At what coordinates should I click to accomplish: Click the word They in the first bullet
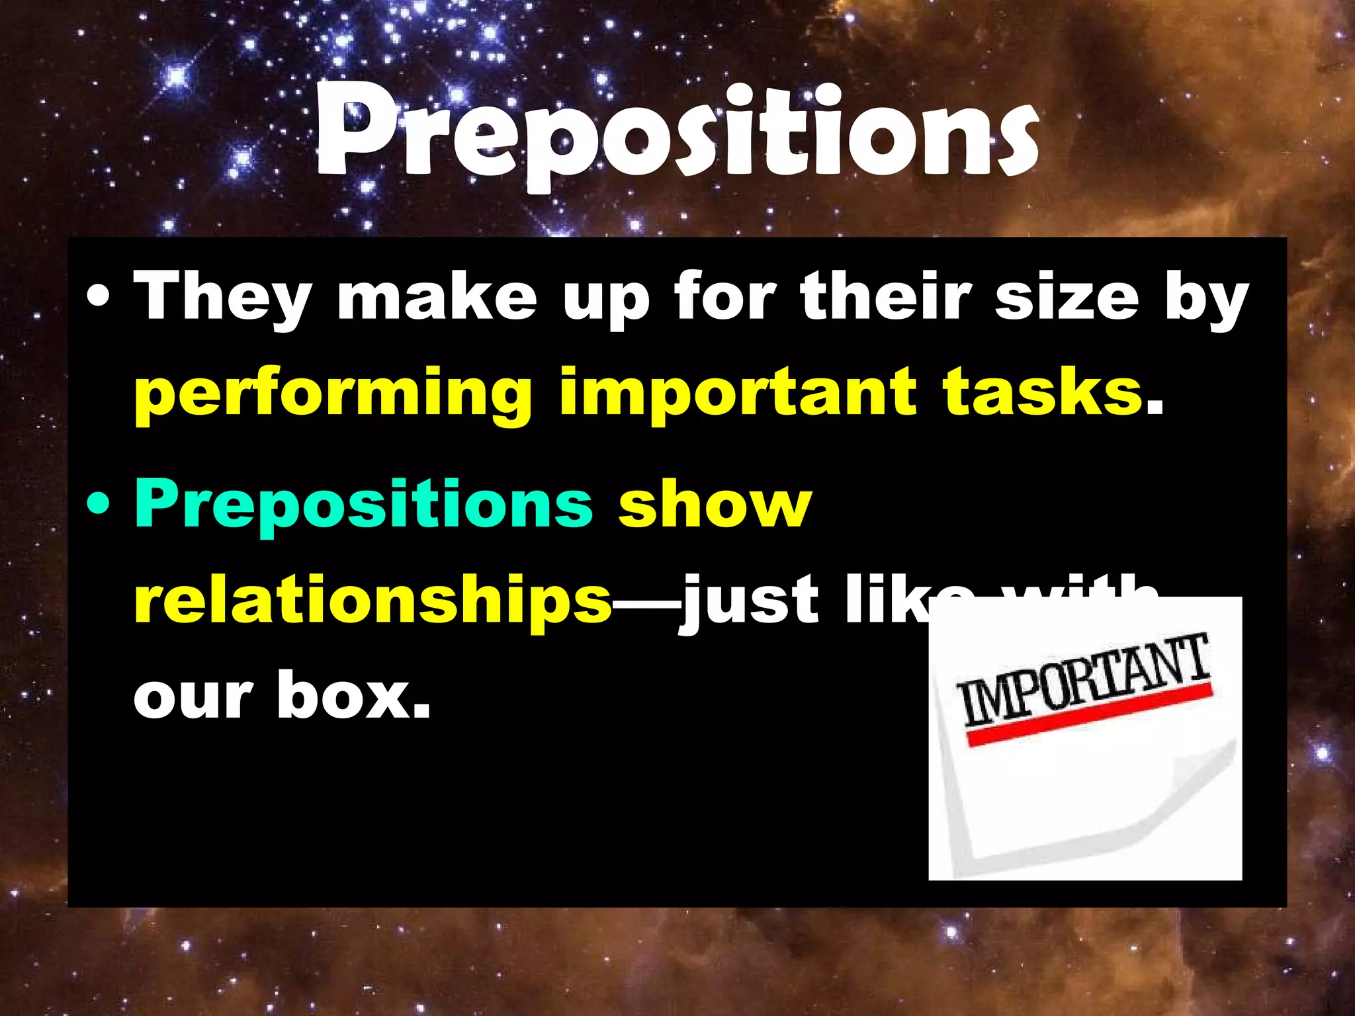[x=222, y=298]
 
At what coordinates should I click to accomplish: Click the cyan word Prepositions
[x=363, y=504]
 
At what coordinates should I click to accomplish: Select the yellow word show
[x=715, y=504]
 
